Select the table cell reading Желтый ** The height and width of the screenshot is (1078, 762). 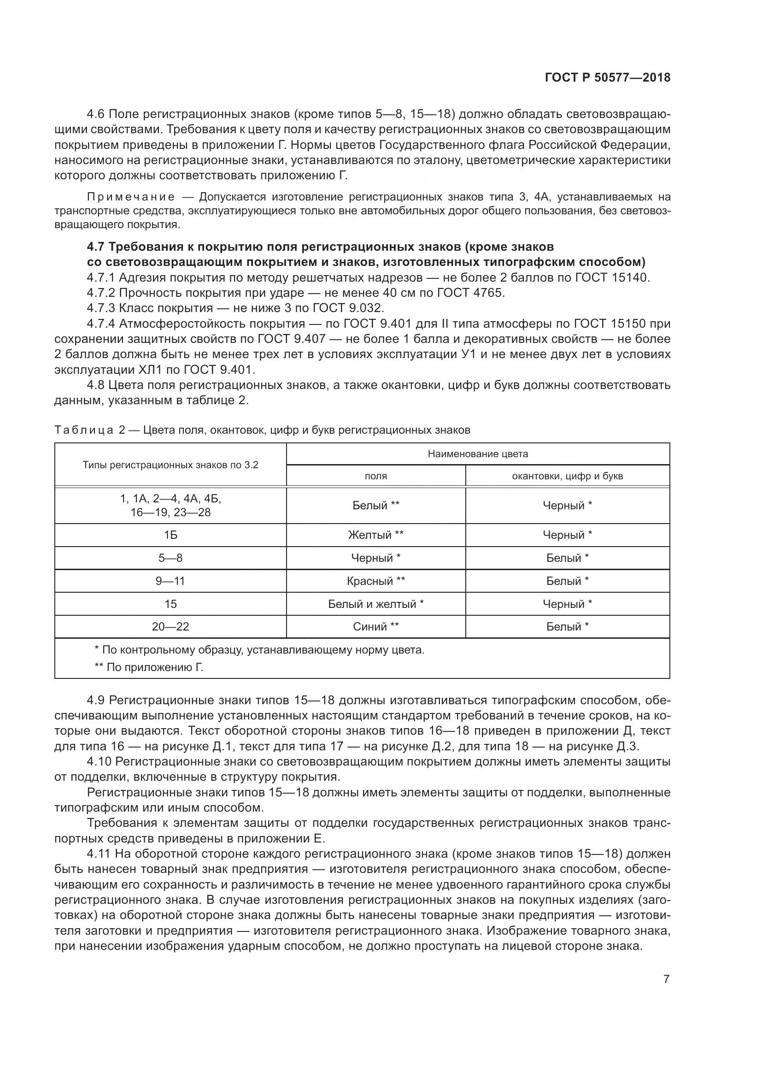(375, 535)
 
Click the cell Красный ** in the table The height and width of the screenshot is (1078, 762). (375, 581)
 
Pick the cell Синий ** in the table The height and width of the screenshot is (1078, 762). (375, 626)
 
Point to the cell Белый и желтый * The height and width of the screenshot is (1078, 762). (375, 604)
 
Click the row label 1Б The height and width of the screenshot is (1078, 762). (170, 535)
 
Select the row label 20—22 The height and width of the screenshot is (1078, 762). (170, 626)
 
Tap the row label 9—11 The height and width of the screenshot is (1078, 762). (170, 581)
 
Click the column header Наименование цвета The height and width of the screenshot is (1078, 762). (478, 454)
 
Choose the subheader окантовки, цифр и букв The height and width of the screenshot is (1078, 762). (567, 476)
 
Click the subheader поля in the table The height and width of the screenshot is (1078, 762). (375, 476)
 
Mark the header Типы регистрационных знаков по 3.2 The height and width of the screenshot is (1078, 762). (170, 465)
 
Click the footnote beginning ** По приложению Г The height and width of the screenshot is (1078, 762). (149, 667)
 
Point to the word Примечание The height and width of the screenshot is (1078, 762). (131, 197)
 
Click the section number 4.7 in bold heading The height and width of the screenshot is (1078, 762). (97, 247)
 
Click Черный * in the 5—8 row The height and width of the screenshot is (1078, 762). (375, 558)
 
